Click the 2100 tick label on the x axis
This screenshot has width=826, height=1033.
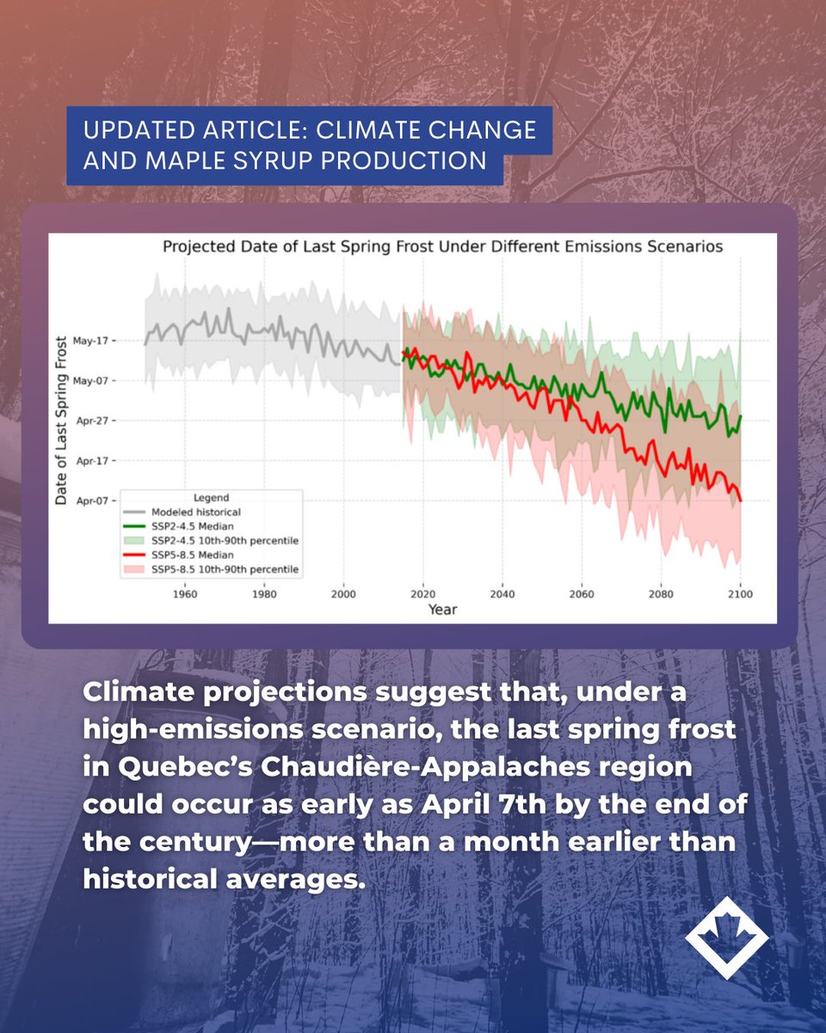[740, 594]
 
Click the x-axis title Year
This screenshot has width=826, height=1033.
[442, 609]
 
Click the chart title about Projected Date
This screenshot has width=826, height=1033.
[442, 247]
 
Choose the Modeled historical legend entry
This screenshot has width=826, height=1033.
[189, 511]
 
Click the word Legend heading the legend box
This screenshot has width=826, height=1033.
[211, 498]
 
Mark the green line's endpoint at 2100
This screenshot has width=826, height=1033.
[740, 417]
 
